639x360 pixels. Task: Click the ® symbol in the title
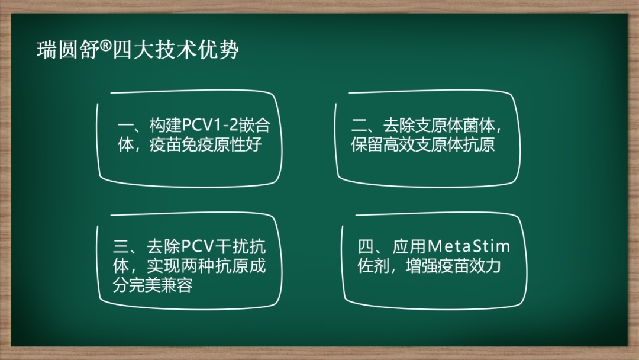coord(105,46)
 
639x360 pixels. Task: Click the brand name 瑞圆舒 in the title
coord(68,50)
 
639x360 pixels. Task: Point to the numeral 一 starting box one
coord(125,125)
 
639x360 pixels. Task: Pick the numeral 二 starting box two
coord(359,125)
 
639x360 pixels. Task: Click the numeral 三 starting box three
coord(121,246)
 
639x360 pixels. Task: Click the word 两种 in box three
coord(200,266)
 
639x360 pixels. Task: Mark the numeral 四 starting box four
coord(366,246)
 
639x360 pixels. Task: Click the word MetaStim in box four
coord(468,246)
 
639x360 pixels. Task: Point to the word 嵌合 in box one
coord(254,125)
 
